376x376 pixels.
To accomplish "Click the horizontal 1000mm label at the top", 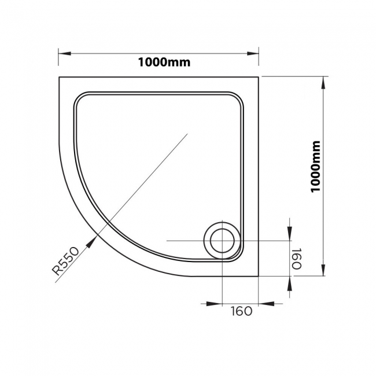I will (x=164, y=62).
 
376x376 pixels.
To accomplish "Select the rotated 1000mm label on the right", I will (x=315, y=167).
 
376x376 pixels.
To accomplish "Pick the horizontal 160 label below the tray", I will (x=241, y=311).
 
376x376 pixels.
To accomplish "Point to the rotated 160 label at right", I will (x=295, y=259).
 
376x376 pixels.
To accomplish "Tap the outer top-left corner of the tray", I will (x=59, y=75).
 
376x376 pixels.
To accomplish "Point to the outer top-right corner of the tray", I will (x=259, y=75).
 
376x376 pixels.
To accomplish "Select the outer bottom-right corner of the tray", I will (x=259, y=275).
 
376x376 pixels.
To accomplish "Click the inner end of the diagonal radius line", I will (x=188, y=134).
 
